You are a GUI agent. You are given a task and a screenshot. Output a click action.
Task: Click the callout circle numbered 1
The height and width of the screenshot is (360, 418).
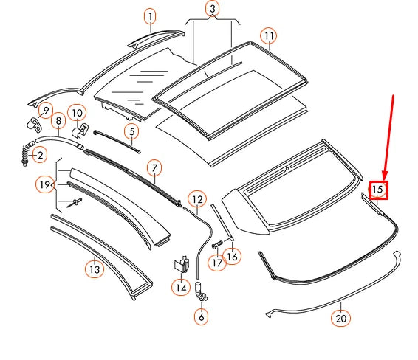tap(150, 16)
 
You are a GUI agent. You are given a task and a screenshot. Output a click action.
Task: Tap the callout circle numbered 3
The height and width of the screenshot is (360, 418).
tap(213, 10)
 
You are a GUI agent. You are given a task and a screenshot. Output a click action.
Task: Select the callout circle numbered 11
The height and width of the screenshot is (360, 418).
tap(268, 35)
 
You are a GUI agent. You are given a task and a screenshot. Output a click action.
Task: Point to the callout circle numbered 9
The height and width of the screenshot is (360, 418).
tap(45, 112)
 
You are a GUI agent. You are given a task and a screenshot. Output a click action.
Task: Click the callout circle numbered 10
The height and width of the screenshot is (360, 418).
tap(77, 113)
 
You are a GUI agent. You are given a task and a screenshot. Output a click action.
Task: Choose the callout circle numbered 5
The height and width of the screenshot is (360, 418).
tap(131, 133)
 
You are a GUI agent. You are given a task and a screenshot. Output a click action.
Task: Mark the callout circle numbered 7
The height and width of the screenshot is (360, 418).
tap(153, 169)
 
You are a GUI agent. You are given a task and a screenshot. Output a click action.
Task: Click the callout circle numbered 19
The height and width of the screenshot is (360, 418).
tap(46, 183)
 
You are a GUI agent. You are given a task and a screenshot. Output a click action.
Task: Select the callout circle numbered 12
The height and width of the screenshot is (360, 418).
tap(197, 198)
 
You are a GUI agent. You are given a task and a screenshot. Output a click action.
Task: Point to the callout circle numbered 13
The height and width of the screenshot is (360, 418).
tap(94, 269)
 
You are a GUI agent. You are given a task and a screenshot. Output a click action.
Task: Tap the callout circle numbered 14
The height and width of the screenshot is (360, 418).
tap(181, 288)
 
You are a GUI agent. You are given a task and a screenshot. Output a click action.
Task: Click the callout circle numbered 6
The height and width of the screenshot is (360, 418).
tap(202, 317)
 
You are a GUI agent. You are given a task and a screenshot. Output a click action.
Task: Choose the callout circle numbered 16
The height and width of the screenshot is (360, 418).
tap(233, 257)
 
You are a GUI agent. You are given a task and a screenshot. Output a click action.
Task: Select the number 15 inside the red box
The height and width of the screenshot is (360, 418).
tap(378, 190)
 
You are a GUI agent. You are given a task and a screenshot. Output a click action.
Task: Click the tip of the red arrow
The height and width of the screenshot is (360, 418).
tap(382, 175)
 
